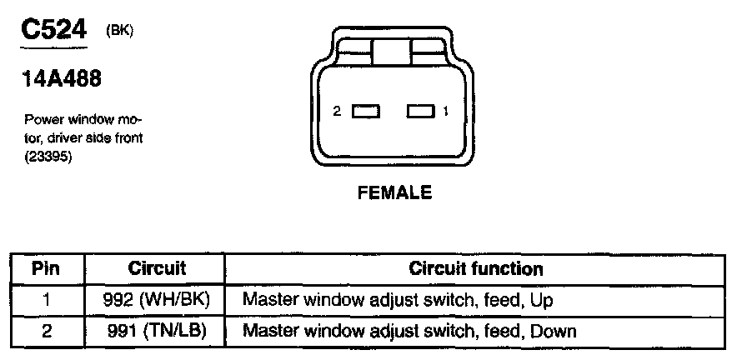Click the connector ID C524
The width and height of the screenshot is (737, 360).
pyautogui.click(x=53, y=32)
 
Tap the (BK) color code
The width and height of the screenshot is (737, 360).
pyautogui.click(x=120, y=31)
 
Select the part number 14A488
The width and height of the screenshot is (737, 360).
pyautogui.click(x=62, y=81)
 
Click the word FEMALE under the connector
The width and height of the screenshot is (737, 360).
pyautogui.click(x=394, y=192)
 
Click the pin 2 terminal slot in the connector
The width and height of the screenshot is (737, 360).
pyautogui.click(x=365, y=111)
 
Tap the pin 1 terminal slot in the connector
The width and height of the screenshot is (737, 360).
pyautogui.click(x=421, y=111)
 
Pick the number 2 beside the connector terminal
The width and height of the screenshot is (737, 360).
pyautogui.click(x=338, y=111)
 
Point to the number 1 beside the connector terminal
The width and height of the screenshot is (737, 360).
pyautogui.click(x=447, y=111)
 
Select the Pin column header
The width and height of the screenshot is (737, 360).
pyautogui.click(x=47, y=269)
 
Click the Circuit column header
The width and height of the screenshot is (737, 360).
pyautogui.click(x=157, y=269)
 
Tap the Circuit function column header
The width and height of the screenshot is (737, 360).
pyautogui.click(x=476, y=269)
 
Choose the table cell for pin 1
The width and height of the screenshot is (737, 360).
pyautogui.click(x=47, y=300)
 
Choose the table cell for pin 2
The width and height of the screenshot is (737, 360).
pyautogui.click(x=47, y=331)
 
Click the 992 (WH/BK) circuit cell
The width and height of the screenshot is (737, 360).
pyautogui.click(x=157, y=300)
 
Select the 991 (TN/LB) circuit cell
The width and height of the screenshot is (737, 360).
pyautogui.click(x=157, y=331)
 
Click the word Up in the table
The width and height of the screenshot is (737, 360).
pyautogui.click(x=542, y=300)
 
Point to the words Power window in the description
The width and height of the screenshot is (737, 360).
pyautogui.click(x=62, y=119)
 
